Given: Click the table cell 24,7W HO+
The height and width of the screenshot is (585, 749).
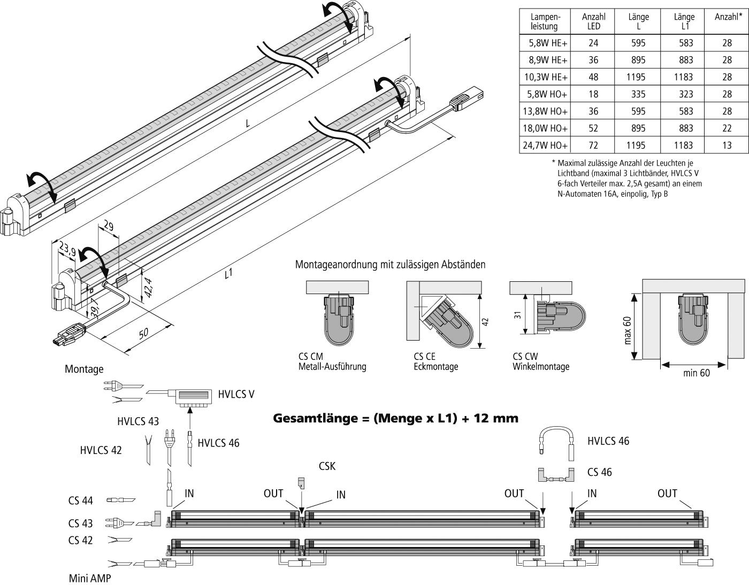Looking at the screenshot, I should (545, 145).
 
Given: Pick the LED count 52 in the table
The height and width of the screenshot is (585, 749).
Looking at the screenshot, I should (593, 128).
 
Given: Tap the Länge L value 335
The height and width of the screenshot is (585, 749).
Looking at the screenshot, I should (638, 94).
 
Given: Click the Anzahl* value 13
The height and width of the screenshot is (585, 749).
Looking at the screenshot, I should (727, 145).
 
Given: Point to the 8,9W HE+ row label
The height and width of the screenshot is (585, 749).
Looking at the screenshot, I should (545, 60).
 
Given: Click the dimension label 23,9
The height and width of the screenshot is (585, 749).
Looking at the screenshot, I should (67, 249).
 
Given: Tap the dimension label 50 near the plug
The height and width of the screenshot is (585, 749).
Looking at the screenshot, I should (143, 334).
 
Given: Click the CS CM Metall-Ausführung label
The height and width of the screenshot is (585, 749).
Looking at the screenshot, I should (332, 361).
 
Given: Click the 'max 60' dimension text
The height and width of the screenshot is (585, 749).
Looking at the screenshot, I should (628, 330).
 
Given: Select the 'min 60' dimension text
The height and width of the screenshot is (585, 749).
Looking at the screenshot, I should (697, 373).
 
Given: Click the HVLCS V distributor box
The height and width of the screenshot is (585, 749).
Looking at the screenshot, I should (192, 397).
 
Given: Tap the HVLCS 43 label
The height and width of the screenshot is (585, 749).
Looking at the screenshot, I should (138, 421).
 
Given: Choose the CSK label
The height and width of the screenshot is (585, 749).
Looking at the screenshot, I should (327, 466).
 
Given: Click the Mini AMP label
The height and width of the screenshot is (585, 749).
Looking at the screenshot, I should (90, 579).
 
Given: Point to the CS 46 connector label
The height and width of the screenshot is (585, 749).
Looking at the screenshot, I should (599, 472).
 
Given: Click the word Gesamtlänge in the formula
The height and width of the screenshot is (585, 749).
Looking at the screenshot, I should (312, 418).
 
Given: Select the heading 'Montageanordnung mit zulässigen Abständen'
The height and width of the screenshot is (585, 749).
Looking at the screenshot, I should (390, 265).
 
